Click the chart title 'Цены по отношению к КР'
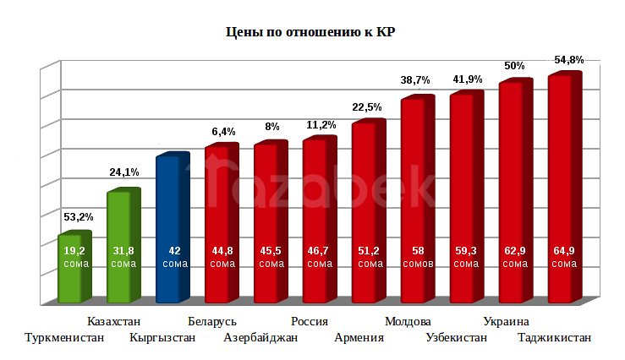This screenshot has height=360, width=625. click(311, 33)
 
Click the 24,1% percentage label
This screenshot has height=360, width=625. click(124, 172)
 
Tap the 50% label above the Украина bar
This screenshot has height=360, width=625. click(514, 66)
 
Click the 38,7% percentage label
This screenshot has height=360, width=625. click(415, 80)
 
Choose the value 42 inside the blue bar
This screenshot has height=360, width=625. click(175, 251)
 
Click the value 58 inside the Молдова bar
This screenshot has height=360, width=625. click(418, 251)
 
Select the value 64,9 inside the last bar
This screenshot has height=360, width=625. click(564, 251)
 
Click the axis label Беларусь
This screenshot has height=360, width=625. click(212, 322)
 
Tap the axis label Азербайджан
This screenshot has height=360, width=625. click(260, 338)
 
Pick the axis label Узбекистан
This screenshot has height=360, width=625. click(457, 338)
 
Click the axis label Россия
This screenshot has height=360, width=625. click(310, 322)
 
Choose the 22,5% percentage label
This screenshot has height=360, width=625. click(367, 107)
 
